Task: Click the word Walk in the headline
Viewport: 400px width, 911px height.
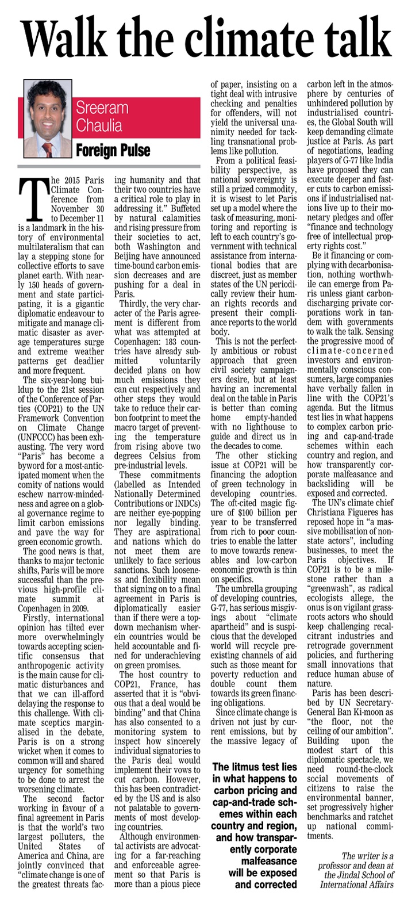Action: point(64,38)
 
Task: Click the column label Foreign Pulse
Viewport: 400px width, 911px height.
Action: point(113,151)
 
